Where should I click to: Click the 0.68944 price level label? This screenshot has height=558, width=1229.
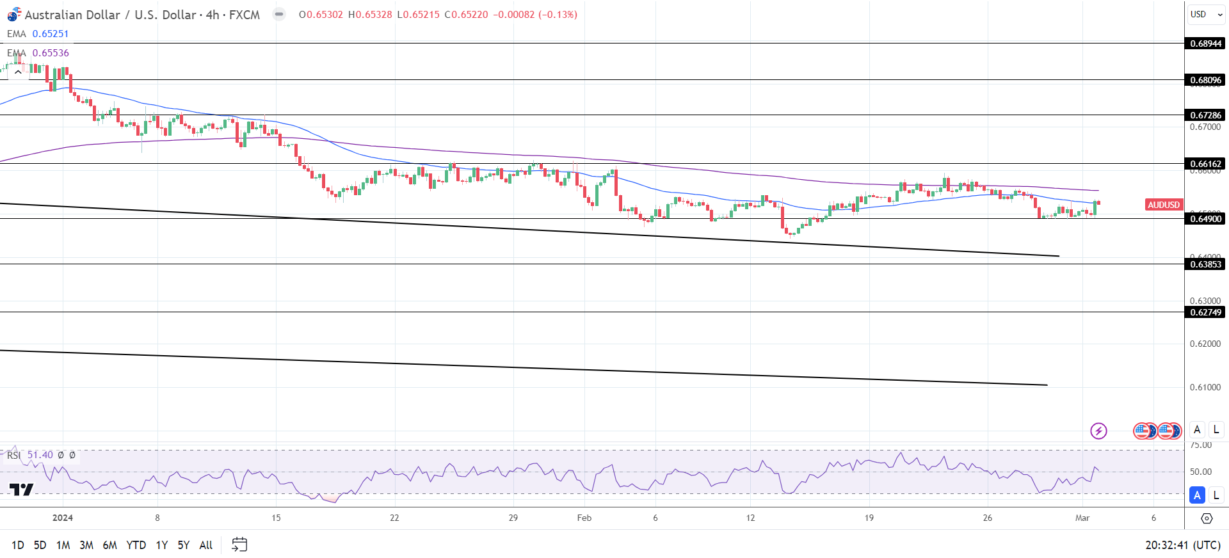(x=1205, y=44)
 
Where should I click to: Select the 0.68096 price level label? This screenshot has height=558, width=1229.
(x=1205, y=80)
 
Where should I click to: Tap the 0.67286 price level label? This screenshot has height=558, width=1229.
(x=1205, y=115)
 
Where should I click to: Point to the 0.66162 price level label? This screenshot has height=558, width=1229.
(x=1205, y=164)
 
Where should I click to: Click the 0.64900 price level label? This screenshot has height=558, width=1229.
(x=1205, y=219)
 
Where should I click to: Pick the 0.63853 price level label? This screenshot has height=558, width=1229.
(x=1205, y=264)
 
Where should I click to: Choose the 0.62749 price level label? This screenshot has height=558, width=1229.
(x=1205, y=312)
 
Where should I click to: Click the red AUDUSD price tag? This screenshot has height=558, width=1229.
(x=1163, y=205)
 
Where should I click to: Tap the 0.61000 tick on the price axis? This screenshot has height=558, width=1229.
(x=1205, y=387)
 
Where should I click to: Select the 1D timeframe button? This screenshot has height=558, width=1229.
(x=18, y=545)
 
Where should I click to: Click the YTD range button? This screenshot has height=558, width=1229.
(x=136, y=545)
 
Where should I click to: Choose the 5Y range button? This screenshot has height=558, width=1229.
(x=184, y=545)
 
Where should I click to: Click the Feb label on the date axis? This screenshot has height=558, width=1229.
(x=584, y=518)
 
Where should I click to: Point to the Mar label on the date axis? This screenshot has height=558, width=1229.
(x=1082, y=518)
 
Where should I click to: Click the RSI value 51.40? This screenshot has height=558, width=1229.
(x=40, y=455)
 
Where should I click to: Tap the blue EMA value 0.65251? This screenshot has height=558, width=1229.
(x=50, y=34)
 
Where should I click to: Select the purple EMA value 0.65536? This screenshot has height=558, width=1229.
(x=50, y=53)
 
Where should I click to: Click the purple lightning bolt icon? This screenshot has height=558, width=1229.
(x=1098, y=431)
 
